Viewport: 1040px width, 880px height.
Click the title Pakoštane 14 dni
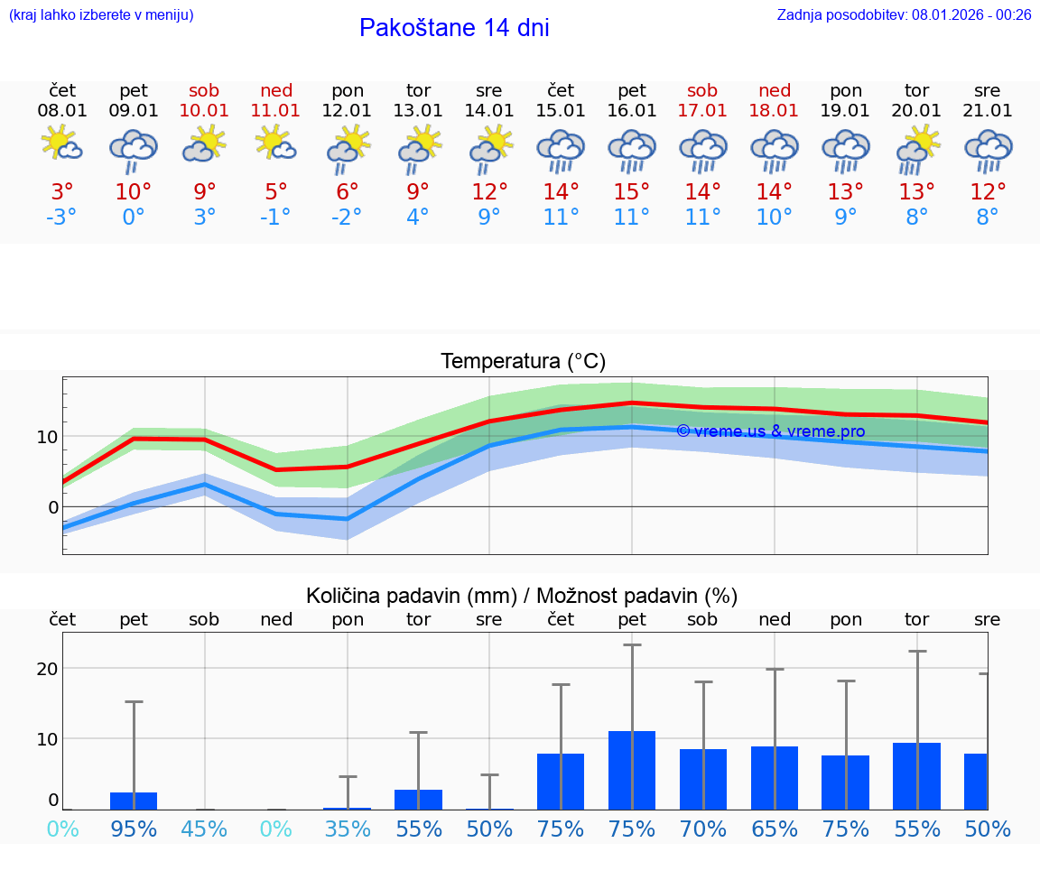(x=454, y=28)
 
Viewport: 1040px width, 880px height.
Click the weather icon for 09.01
(x=134, y=149)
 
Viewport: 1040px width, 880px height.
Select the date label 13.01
(x=419, y=111)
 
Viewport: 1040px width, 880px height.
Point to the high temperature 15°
(x=632, y=192)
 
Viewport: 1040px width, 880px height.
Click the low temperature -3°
(x=62, y=218)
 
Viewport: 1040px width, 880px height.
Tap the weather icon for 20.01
(x=917, y=149)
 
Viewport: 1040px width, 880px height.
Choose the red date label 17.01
(x=702, y=111)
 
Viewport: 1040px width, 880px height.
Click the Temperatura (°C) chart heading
(x=523, y=362)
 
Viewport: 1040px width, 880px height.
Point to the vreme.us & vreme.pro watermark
(x=770, y=431)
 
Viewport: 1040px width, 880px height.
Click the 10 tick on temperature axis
(x=47, y=437)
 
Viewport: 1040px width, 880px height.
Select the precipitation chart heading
(x=522, y=596)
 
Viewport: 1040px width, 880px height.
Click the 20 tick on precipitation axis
(x=47, y=669)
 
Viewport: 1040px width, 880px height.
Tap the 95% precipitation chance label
(x=134, y=829)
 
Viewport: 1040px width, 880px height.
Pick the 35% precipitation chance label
(x=348, y=829)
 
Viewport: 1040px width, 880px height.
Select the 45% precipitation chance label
(x=205, y=829)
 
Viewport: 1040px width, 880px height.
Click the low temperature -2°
(x=348, y=218)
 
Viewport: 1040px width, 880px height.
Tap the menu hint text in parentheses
(x=101, y=14)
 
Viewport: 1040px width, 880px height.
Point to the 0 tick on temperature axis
(x=52, y=507)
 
